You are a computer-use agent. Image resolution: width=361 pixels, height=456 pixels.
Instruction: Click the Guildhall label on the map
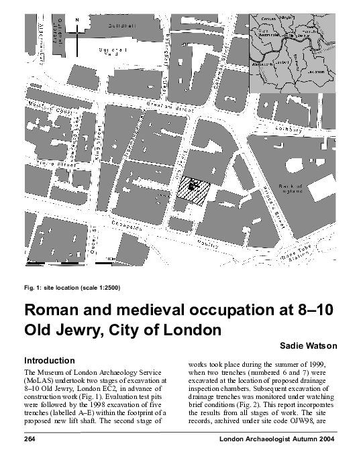[121, 25]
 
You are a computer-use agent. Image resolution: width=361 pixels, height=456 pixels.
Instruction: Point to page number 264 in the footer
[30, 439]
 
